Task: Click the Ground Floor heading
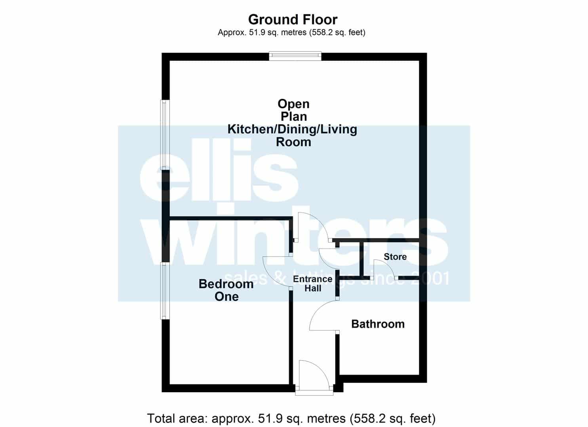293,20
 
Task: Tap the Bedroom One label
226,290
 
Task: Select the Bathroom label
378,324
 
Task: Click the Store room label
395,257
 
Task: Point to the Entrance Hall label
313,283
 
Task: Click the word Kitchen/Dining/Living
292,129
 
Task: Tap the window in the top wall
295,56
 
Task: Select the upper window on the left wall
165,135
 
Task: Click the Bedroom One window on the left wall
165,291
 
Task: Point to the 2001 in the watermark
434,278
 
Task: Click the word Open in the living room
293,104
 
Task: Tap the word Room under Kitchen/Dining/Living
293,142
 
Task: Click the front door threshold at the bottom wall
314,392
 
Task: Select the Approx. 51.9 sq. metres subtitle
291,32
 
